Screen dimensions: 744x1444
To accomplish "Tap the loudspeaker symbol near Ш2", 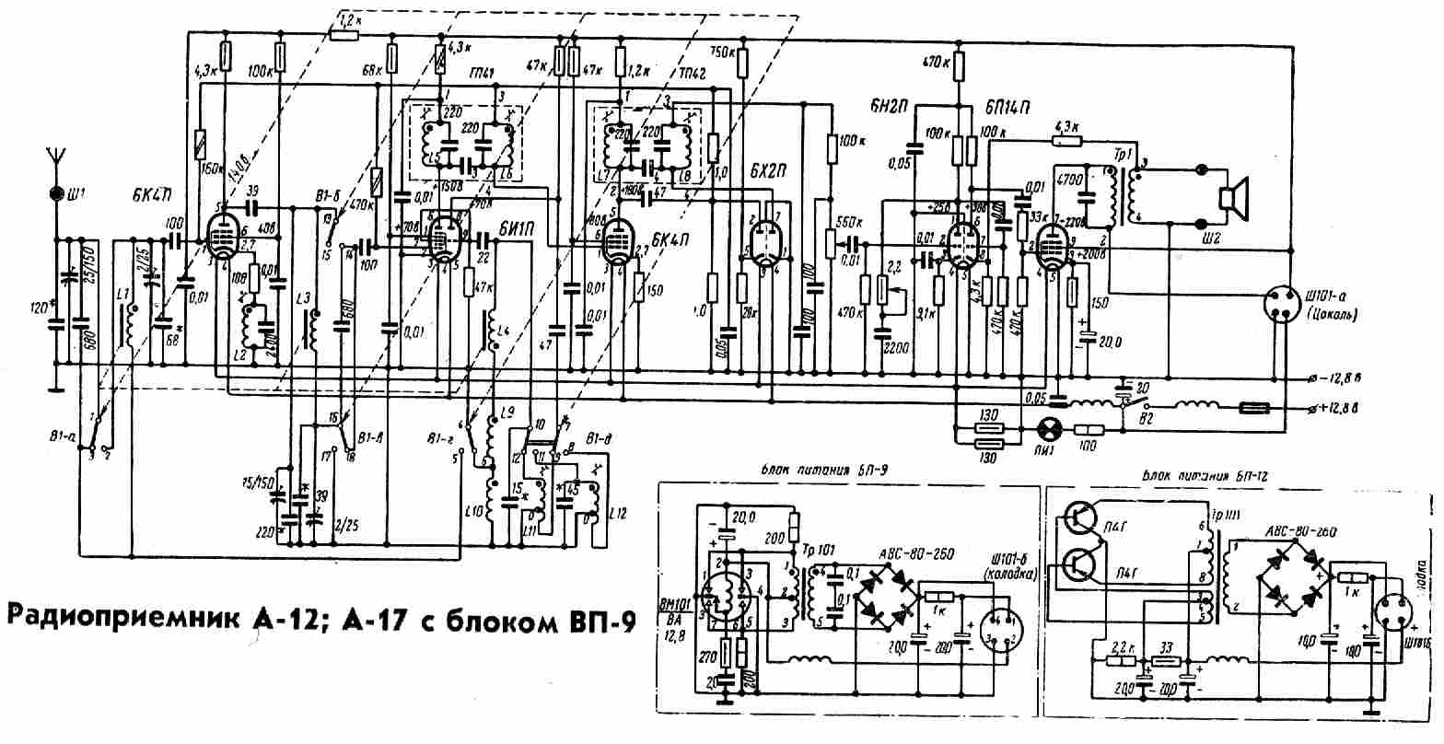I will tap(1231, 197).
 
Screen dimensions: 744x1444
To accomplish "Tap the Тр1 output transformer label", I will tap(1126, 151).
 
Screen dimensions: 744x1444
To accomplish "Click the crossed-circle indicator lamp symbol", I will tap(1048, 429).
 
